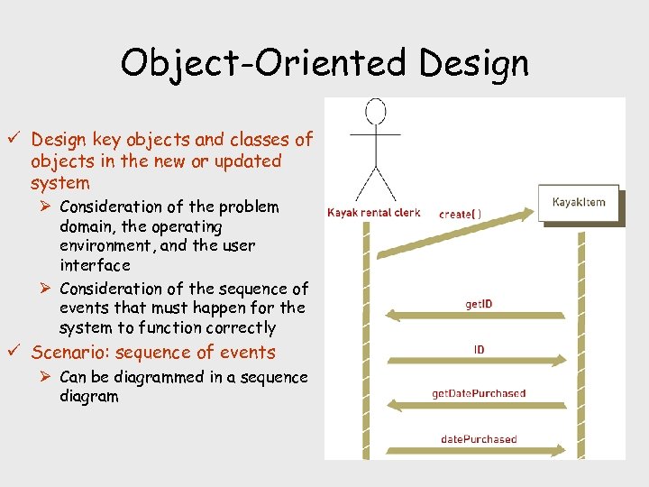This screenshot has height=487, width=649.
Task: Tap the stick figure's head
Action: point(375,112)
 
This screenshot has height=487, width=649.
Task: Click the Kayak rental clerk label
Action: point(374,214)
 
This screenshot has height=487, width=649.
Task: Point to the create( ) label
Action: point(460,215)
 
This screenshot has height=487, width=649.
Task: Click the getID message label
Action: point(479,304)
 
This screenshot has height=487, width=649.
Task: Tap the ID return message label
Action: point(479,349)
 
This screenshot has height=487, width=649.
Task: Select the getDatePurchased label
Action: point(479,393)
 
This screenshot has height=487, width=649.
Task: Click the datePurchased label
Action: point(479,439)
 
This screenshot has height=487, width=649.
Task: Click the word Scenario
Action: point(70,353)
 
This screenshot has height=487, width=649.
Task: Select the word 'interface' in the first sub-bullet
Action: point(95,265)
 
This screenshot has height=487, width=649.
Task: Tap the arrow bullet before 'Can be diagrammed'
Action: point(47,377)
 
